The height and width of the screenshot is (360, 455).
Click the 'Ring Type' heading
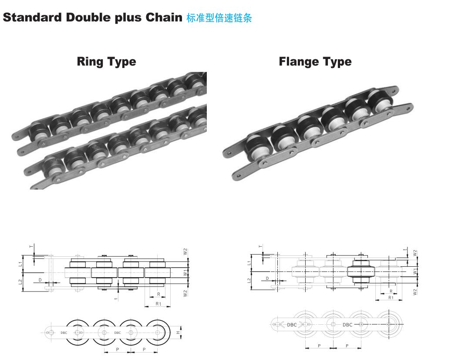[x=107, y=61]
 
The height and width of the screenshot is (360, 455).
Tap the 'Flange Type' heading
[x=315, y=61]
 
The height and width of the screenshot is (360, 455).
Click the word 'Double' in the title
[x=88, y=17]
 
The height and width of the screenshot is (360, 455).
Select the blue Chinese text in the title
[x=219, y=18]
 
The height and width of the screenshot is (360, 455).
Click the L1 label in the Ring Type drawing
[x=20, y=264]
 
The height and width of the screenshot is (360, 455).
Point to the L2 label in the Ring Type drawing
[x=20, y=282]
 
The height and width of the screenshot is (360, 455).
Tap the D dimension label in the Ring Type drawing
[x=40, y=280]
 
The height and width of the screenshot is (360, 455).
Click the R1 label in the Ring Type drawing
[x=158, y=304]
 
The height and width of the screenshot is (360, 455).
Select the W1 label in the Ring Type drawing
[x=185, y=272]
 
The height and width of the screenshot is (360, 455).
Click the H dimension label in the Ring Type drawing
[x=178, y=333]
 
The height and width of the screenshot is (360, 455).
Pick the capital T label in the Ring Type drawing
[x=32, y=246]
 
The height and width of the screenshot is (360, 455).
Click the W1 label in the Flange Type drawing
[x=415, y=271]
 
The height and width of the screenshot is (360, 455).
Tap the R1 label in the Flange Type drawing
[x=391, y=298]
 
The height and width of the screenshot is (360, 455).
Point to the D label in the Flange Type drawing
[x=267, y=278]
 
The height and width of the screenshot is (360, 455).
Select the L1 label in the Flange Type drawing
[x=249, y=263]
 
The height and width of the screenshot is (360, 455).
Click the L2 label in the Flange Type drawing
[x=249, y=281]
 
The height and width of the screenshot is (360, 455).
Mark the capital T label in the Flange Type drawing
[x=260, y=246]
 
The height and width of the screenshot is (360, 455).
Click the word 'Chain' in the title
[x=164, y=17]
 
